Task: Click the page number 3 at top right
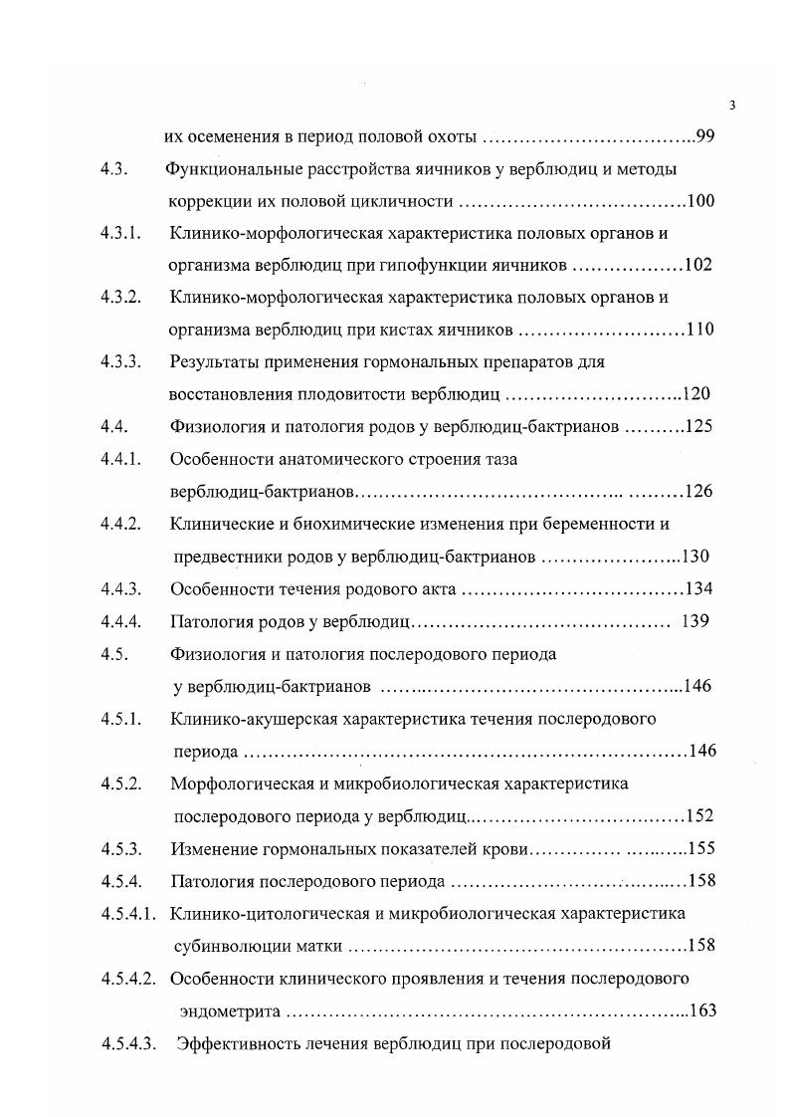coord(731,106)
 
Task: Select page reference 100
coord(700,201)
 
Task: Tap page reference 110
coord(700,330)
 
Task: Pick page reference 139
coord(695,621)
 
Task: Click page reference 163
coord(702,1010)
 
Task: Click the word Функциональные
coord(228,168)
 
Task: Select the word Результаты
coord(215,361)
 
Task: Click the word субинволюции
coord(225,945)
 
